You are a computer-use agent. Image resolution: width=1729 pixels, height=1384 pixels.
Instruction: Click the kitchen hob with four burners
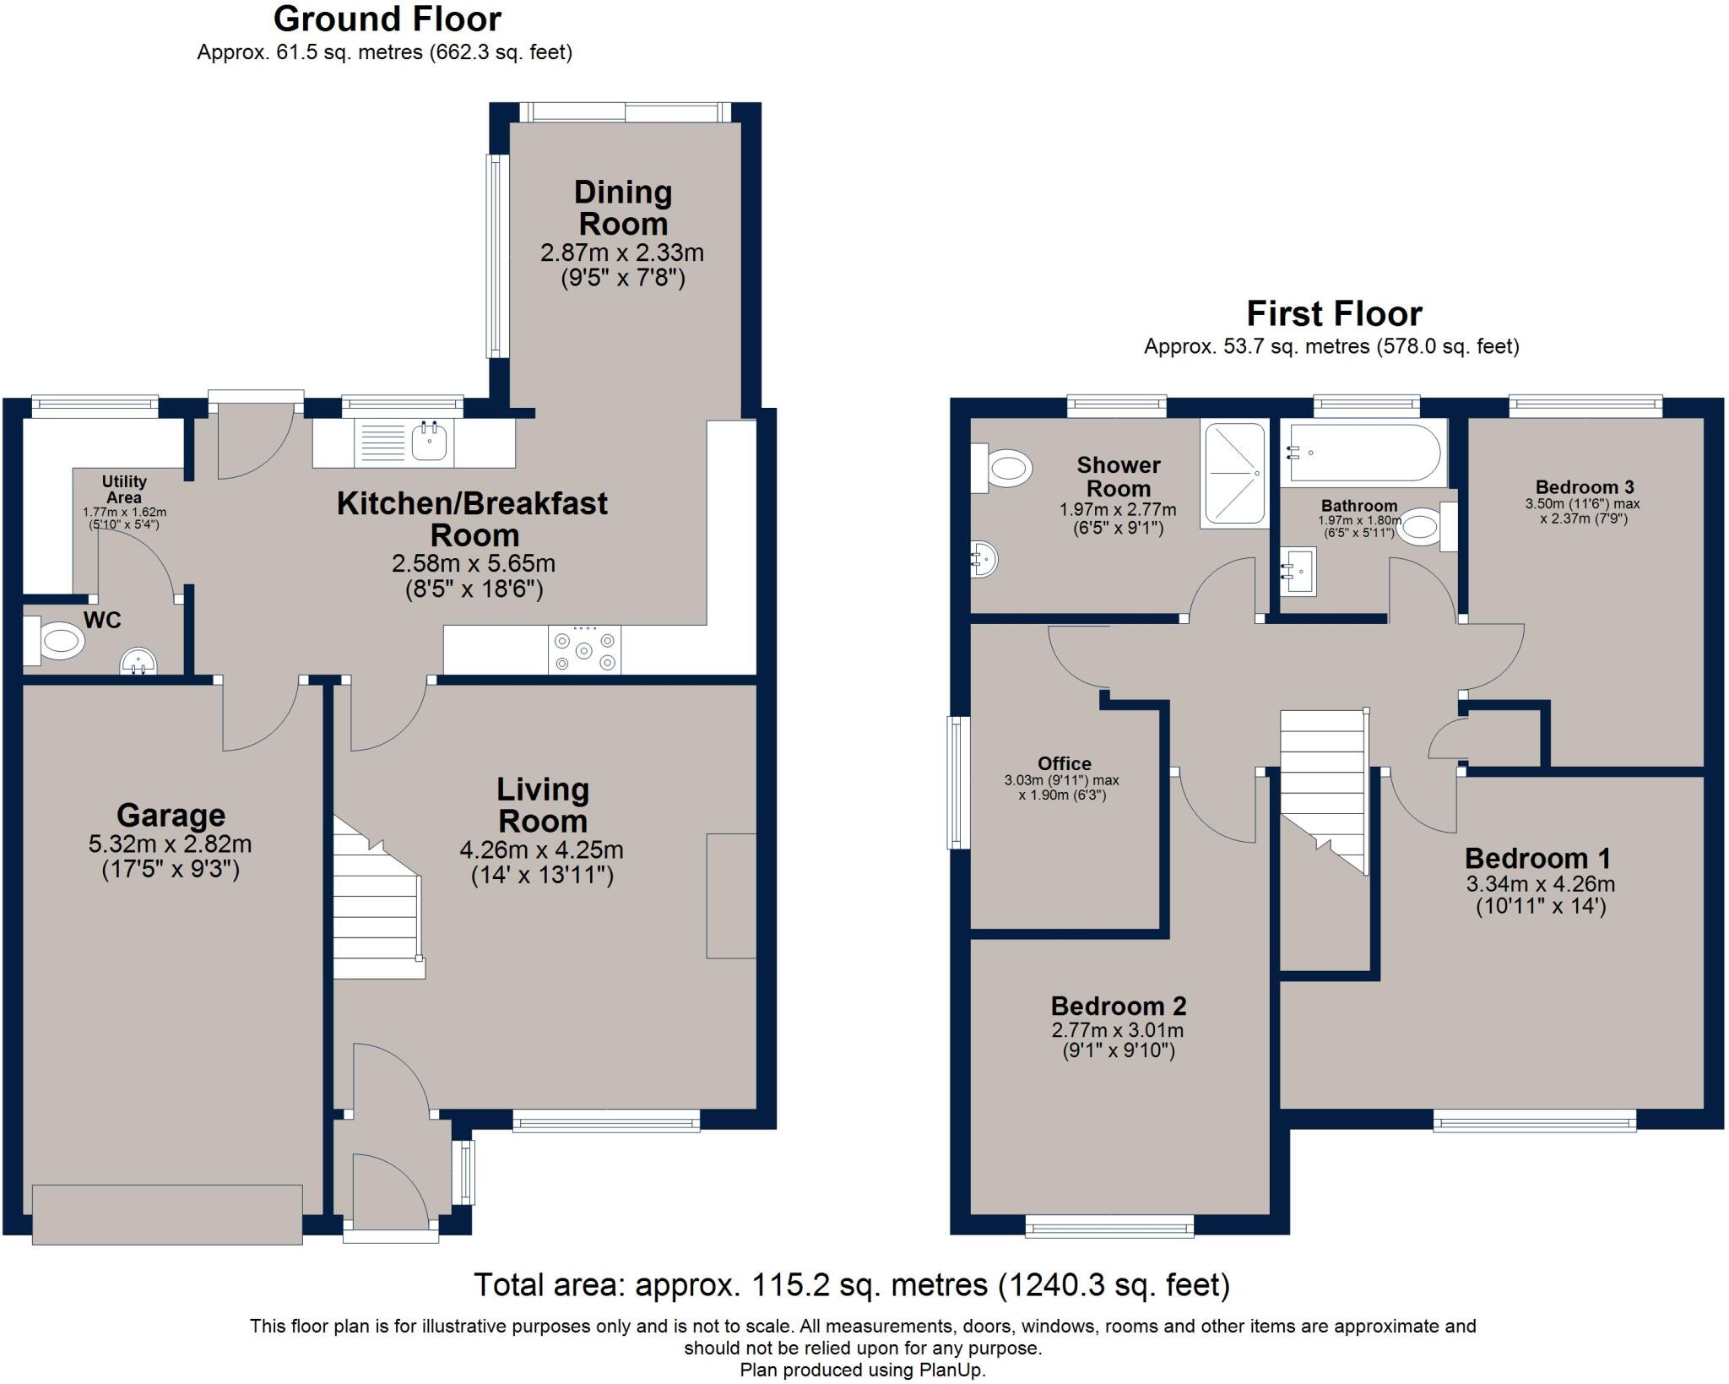(584, 649)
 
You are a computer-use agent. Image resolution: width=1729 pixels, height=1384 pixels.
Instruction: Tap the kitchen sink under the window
(430, 441)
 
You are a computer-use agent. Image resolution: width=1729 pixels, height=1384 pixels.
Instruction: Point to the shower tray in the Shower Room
(1233, 473)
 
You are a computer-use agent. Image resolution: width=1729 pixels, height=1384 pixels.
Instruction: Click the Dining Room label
(623, 208)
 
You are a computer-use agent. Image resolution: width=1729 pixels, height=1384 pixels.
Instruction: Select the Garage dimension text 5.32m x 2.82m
(171, 844)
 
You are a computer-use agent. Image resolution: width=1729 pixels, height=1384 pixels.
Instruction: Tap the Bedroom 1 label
(1537, 858)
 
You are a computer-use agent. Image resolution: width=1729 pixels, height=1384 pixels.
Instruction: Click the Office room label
(1064, 763)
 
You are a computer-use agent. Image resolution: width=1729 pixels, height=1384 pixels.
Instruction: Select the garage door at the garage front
(167, 1213)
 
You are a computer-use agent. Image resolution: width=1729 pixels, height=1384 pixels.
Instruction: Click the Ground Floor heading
(387, 19)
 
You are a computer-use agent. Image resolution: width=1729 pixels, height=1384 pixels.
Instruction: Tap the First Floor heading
(1334, 313)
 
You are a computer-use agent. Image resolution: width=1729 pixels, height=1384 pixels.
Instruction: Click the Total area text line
(851, 1284)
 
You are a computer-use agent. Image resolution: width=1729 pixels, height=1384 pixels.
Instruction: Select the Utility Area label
(124, 489)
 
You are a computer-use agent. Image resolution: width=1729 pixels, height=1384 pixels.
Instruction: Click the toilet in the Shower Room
(1006, 468)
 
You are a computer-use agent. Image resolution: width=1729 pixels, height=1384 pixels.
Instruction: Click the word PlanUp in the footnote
(953, 1370)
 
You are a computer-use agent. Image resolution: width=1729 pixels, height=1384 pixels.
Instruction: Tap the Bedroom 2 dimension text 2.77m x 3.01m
(1117, 1030)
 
